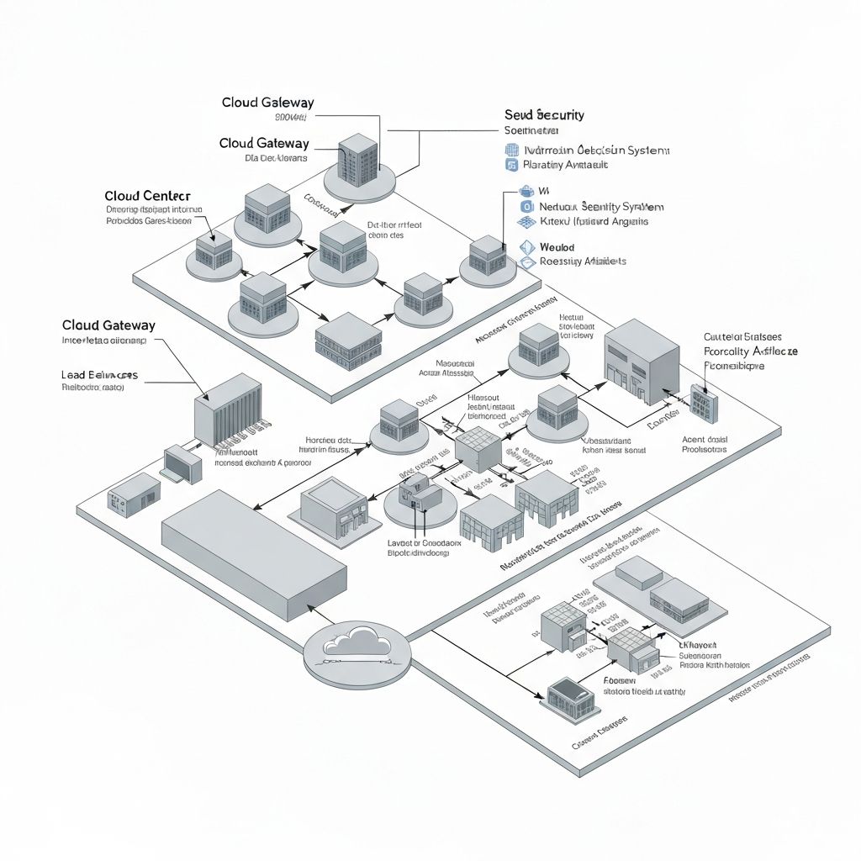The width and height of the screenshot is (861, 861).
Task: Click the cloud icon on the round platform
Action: pyautogui.click(x=357, y=642)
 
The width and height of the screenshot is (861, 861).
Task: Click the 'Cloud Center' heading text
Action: pyautogui.click(x=148, y=196)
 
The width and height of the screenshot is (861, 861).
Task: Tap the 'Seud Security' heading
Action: pyautogui.click(x=544, y=114)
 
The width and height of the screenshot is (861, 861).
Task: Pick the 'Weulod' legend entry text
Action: pyautogui.click(x=557, y=247)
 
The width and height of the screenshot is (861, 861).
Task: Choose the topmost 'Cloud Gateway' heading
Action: pyautogui.click(x=267, y=103)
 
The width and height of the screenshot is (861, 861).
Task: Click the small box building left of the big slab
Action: pyautogui.click(x=134, y=494)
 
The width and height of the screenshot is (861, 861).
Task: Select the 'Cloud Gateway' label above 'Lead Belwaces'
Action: pyautogui.click(x=108, y=325)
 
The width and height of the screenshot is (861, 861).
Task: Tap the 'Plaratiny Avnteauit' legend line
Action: pyautogui.click(x=565, y=165)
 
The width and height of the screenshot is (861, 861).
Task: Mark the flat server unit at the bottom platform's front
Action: pyautogui.click(x=571, y=695)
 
